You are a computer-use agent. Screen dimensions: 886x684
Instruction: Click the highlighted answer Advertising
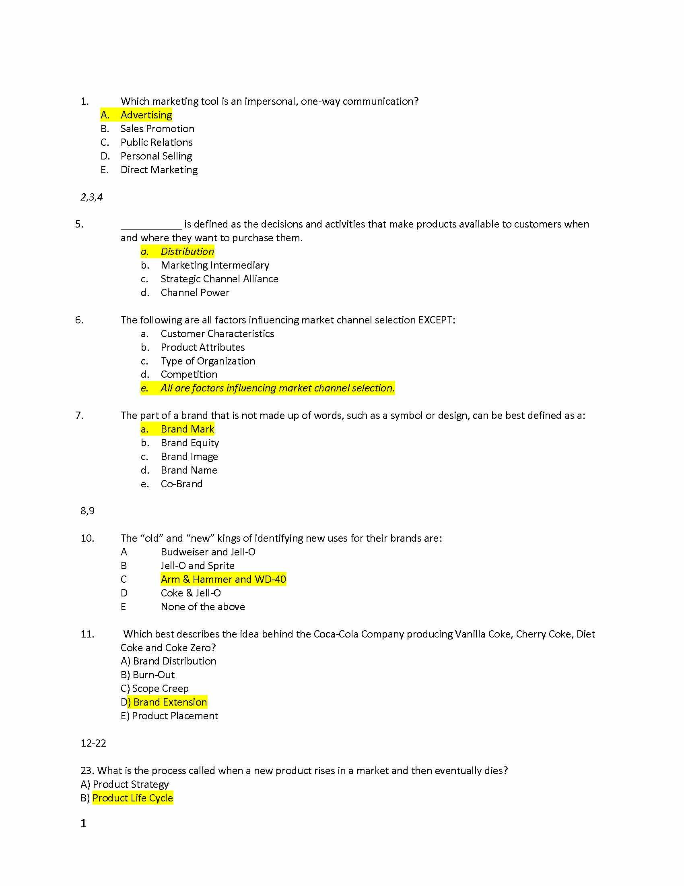(146, 115)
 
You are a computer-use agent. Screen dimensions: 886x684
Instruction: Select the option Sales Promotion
(157, 128)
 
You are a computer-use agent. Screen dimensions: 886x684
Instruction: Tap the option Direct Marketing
(159, 170)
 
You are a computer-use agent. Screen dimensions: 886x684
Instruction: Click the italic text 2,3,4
(92, 197)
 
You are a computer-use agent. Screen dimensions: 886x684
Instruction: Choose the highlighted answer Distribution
(187, 252)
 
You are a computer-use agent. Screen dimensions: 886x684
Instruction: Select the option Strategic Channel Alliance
(219, 279)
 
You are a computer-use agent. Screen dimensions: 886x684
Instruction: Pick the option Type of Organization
(208, 361)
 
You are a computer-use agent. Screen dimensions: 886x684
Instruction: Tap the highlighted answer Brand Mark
(187, 429)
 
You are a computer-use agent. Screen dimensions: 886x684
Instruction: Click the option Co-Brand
(181, 484)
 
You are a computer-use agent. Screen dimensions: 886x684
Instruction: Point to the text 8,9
(88, 511)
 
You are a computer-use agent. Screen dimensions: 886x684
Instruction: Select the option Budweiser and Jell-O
(208, 552)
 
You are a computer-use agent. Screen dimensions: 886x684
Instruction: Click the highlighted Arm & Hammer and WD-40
(223, 579)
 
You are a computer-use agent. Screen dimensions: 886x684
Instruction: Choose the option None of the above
(203, 607)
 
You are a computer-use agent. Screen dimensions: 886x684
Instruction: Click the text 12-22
(93, 743)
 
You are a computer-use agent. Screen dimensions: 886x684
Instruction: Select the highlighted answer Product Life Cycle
(132, 798)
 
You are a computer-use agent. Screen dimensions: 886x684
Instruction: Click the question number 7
(79, 416)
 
